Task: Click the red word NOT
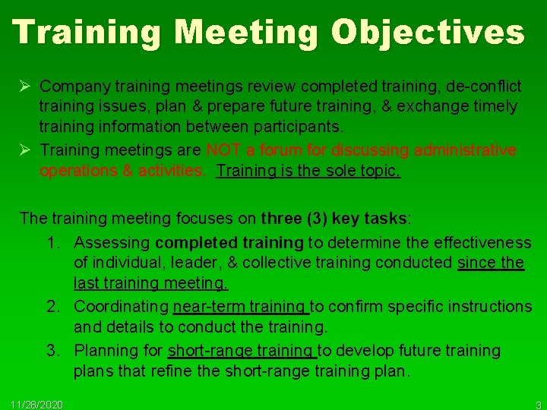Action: pyautogui.click(x=225, y=150)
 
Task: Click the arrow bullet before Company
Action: pyautogui.click(x=25, y=86)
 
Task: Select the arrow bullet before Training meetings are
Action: pyautogui.click(x=25, y=150)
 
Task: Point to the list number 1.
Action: pyautogui.click(x=53, y=242)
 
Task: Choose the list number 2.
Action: pyautogui.click(x=53, y=307)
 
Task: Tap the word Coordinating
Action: pyautogui.click(x=122, y=307)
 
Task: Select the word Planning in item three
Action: pyautogui.click(x=103, y=351)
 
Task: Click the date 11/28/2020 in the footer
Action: pyautogui.click(x=37, y=403)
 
